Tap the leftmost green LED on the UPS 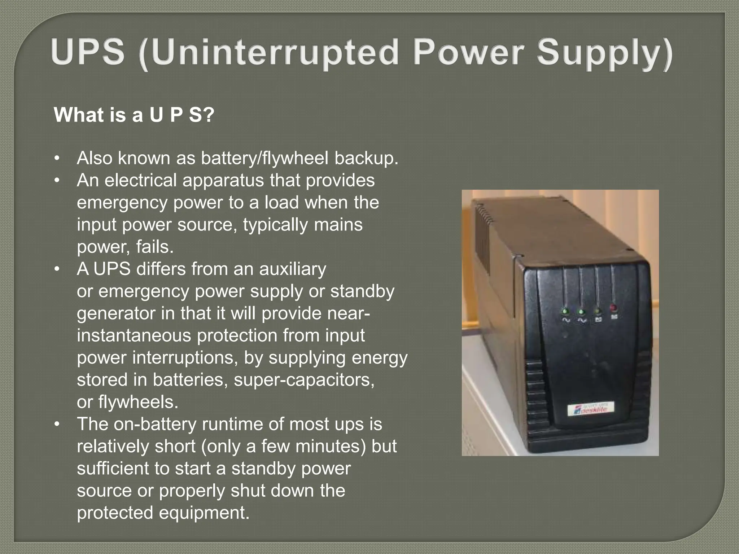click(565, 311)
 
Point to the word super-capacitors click(304, 380)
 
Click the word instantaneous click(134, 335)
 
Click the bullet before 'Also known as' click(56, 159)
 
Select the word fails click(155, 247)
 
